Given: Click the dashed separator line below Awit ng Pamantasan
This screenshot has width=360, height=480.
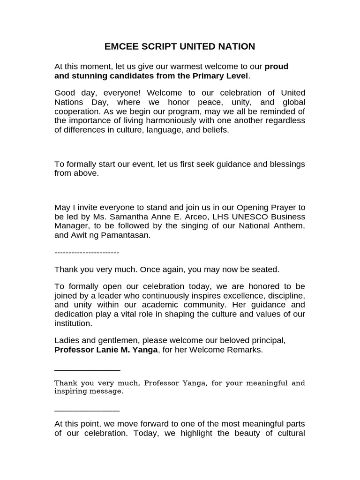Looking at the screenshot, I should tap(87, 253).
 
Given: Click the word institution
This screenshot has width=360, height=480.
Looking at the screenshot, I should tap(73, 323).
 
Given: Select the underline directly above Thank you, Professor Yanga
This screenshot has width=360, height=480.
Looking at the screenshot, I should tap(87, 370).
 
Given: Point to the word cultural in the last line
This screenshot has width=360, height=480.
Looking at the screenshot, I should tap(289, 433).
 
